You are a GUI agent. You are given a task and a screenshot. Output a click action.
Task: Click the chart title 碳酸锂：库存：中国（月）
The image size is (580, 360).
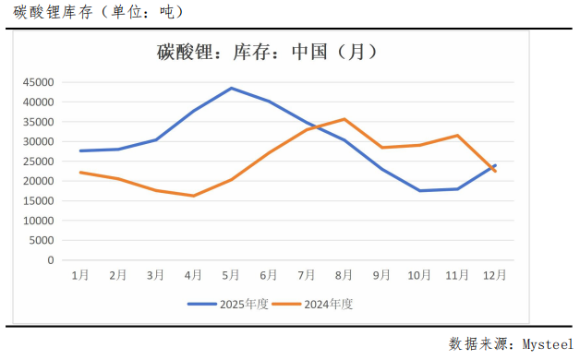tap(268, 53)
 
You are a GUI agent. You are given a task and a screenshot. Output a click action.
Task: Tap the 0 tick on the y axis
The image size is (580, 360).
tap(51, 260)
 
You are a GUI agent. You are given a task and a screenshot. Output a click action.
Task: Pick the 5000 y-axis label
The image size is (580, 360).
tap(42, 240)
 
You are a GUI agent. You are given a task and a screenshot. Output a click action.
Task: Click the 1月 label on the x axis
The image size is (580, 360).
tap(80, 275)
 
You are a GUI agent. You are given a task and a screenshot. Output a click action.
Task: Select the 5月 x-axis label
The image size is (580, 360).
tap(231, 275)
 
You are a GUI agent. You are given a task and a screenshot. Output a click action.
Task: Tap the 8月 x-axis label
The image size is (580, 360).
tap(344, 275)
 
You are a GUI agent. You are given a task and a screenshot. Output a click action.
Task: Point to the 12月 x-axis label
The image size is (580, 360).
tap(495, 275)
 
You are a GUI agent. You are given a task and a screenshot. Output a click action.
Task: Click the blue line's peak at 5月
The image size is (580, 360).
tap(231, 89)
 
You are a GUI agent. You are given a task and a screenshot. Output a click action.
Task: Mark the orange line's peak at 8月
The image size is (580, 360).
tap(344, 119)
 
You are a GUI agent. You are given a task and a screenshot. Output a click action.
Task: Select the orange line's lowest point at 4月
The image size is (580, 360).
tap(193, 196)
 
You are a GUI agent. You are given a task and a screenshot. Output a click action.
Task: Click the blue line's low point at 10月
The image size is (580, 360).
tap(419, 191)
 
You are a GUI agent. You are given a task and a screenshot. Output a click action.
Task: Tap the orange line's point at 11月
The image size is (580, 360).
tap(457, 136)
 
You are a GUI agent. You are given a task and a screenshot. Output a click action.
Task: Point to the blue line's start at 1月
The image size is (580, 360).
tap(80, 150)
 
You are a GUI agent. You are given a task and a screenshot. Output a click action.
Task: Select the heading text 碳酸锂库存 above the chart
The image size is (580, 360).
tap(45, 12)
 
